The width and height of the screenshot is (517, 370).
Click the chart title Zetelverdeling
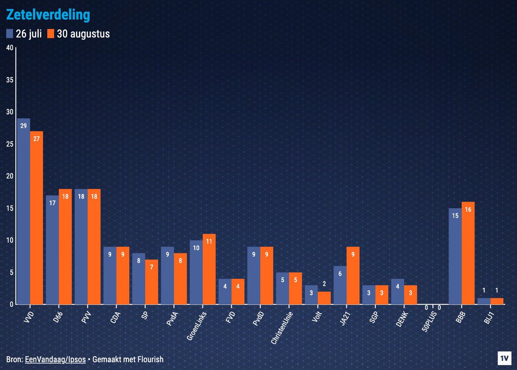48,15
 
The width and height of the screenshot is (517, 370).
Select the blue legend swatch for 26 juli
10,34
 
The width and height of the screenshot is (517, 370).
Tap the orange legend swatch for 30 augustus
51,34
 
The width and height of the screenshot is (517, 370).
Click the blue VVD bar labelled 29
24,211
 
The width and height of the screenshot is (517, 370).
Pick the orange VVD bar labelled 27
37,217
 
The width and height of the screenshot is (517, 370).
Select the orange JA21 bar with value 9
353,275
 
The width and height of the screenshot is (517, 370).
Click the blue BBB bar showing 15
455,256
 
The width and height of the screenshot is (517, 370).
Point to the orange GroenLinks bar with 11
209,269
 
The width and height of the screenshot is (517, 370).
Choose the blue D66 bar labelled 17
53,250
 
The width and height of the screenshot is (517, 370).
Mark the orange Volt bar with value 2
324,298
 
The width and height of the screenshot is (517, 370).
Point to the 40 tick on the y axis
9,48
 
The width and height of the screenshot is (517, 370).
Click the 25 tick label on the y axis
9,144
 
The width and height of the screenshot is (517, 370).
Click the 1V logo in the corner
503,358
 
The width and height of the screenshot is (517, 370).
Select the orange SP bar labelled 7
152,282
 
